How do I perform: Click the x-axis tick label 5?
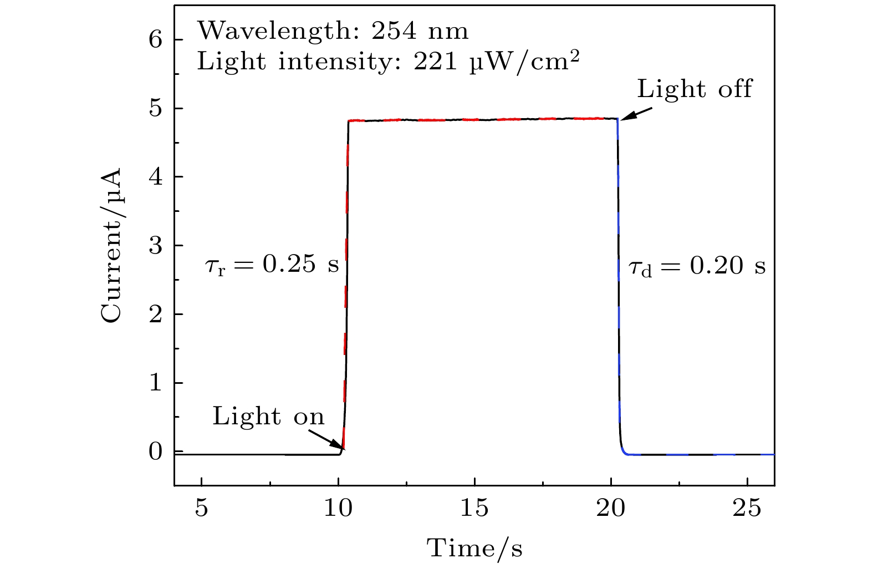pyautogui.click(x=201, y=508)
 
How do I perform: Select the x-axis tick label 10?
pyautogui.click(x=338, y=508)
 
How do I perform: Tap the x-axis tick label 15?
pyautogui.click(x=474, y=508)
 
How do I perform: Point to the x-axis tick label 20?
pyautogui.click(x=611, y=508)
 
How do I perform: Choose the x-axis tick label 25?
pyautogui.click(x=747, y=508)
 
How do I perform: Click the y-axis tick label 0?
pyautogui.click(x=156, y=452)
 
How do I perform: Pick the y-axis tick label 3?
pyautogui.click(x=156, y=246)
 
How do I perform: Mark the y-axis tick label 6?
pyautogui.click(x=156, y=40)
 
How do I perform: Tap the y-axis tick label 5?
pyautogui.click(x=156, y=109)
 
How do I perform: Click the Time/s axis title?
pyautogui.click(x=474, y=548)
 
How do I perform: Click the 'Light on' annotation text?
pyautogui.click(x=268, y=416)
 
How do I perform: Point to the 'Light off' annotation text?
pyautogui.click(x=695, y=89)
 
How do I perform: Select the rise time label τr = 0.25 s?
pyautogui.click(x=272, y=266)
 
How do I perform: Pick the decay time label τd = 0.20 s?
pyautogui.click(x=697, y=267)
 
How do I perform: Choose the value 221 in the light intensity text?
pyautogui.click(x=435, y=62)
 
